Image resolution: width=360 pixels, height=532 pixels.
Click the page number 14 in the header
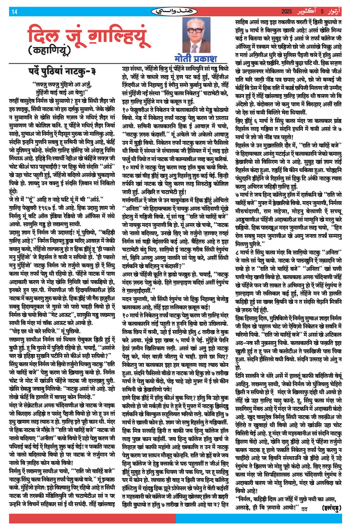coord(14,11)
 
